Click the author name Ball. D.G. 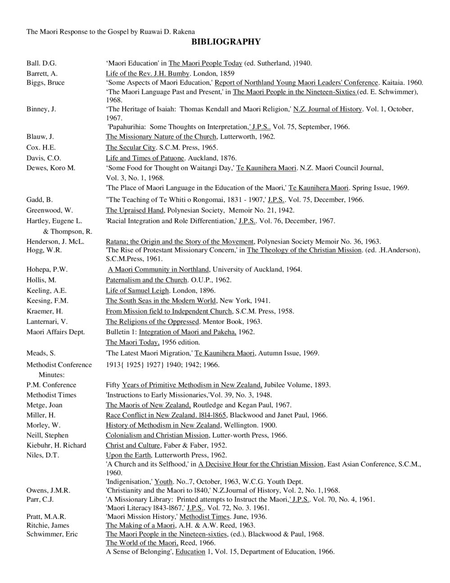41,63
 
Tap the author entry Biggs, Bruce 45,82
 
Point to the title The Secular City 130,147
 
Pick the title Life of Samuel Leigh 137,290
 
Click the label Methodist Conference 59,364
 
